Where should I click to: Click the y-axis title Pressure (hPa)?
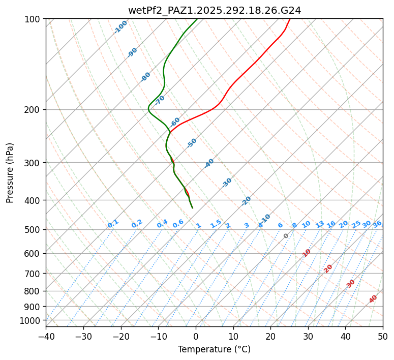tap(10, 172)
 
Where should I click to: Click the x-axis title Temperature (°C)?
tap(214, 350)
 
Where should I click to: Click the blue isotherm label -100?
tap(120, 26)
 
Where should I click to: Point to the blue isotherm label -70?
tap(160, 100)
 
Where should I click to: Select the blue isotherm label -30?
tap(227, 182)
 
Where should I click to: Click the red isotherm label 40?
tap(373, 298)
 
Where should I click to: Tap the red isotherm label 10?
tap(306, 253)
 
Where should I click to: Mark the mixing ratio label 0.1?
tap(113, 224)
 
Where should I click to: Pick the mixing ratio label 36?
tap(377, 224)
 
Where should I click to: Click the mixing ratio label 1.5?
tap(216, 224)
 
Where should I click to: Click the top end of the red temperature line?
tap(290, 19)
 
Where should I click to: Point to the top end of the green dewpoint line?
tap(197, 19)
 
